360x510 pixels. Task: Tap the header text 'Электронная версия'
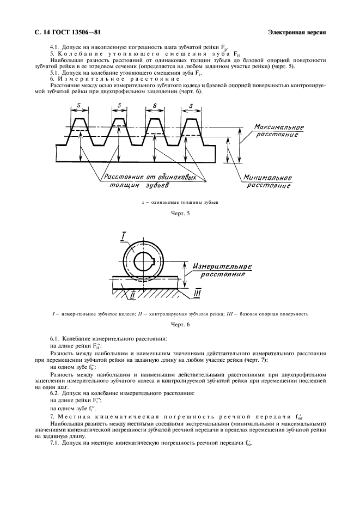pos(297,32)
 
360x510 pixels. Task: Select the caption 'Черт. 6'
pos(180,325)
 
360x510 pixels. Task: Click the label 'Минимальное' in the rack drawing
pos(266,178)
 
